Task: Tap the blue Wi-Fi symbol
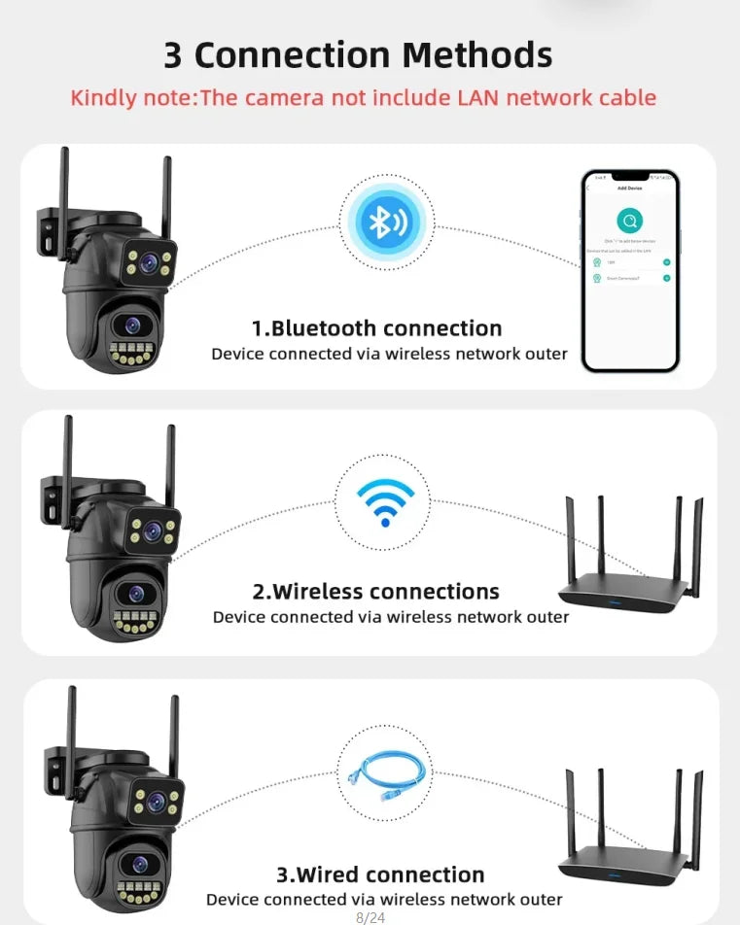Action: [385, 501]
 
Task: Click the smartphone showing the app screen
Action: [629, 271]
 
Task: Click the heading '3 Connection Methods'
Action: [358, 55]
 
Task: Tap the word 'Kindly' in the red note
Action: [103, 98]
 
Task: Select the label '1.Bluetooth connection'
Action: [377, 328]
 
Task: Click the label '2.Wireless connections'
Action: [376, 591]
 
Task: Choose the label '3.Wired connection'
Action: [380, 874]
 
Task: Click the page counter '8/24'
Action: [370, 916]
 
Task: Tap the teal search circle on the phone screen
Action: [629, 221]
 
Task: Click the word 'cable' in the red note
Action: [623, 98]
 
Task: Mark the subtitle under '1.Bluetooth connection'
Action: [389, 354]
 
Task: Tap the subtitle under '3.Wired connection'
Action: [384, 900]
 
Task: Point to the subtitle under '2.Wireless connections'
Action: [391, 617]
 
